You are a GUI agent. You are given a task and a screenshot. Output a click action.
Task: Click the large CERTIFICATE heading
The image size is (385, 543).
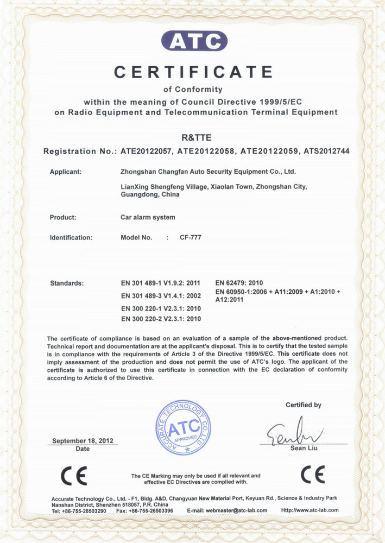193,72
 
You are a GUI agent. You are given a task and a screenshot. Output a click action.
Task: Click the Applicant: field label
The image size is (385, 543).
66,172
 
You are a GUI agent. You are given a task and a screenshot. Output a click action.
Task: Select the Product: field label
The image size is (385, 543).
63,218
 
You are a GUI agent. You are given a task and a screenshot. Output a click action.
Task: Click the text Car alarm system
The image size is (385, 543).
148,218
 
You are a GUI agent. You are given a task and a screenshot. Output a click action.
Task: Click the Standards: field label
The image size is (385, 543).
67,283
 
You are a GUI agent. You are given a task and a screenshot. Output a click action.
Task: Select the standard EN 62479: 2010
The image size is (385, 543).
239,283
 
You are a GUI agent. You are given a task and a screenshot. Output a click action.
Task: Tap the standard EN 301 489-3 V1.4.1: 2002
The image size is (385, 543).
161,296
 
